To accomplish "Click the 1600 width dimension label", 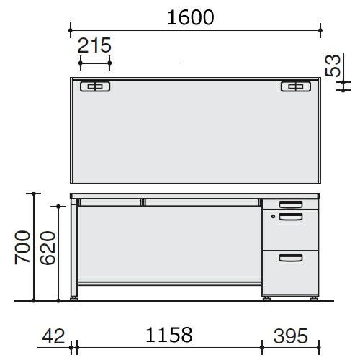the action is pos(191,17).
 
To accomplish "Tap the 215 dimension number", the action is pos(94,45).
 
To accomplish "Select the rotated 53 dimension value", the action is pos(333,66).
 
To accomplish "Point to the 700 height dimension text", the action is pos(22,248).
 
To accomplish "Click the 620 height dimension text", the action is pos(48,248).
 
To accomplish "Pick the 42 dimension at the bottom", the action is pos(53,336).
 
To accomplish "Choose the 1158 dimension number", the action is pos(169,335).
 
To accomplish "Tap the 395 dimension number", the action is pos(291,336).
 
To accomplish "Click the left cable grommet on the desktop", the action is pos(95,86).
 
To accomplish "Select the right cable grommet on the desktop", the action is pos(296,86).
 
